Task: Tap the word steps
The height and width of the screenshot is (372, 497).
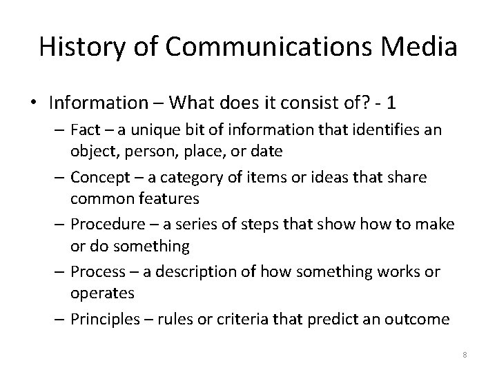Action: pyautogui.click(x=263, y=225)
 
